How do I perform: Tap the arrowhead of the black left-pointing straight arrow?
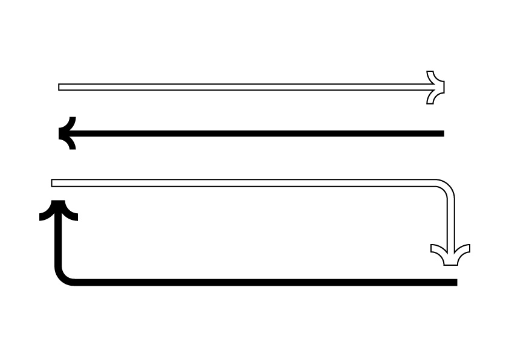[x=66, y=133]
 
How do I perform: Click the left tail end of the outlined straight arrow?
[x=60, y=87]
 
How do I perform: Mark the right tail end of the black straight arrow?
[x=442, y=133]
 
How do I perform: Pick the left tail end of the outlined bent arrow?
[x=53, y=183]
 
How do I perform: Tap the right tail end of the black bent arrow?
[x=455, y=282]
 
